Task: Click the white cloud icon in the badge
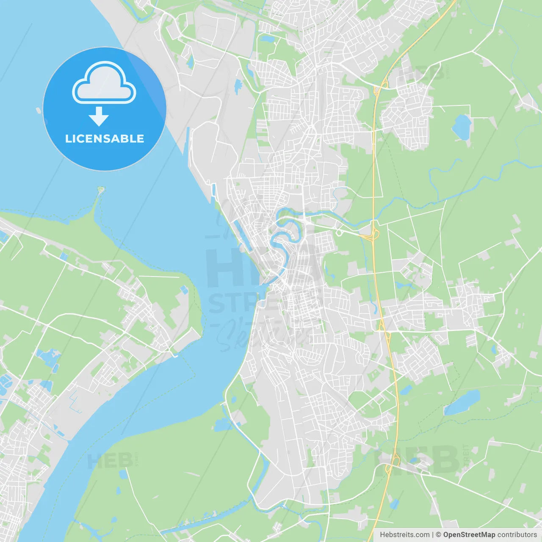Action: [x=104, y=83]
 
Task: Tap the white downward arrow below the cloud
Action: [x=99, y=116]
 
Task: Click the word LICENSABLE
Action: [x=105, y=138]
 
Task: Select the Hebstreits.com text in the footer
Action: [x=404, y=535]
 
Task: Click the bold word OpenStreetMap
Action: [x=469, y=535]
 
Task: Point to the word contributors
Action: [x=517, y=535]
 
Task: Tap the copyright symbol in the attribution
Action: [x=438, y=535]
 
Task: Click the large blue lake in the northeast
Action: [x=462, y=126]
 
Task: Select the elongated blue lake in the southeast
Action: [x=462, y=402]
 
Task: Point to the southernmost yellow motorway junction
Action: [x=394, y=461]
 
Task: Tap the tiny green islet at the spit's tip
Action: [x=101, y=189]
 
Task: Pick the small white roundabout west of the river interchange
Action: [x=339, y=232]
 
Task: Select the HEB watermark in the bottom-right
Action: [x=417, y=459]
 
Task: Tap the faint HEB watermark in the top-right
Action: [x=421, y=73]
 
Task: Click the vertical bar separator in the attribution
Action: [x=432, y=535]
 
